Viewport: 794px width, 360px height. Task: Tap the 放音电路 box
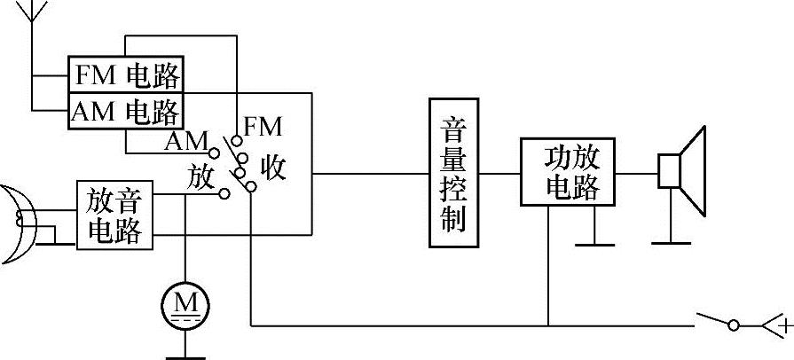[x=114, y=215]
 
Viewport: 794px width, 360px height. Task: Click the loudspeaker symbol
[x=682, y=171]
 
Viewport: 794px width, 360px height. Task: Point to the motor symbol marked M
[x=185, y=306]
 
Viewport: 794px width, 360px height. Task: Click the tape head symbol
[x=20, y=223]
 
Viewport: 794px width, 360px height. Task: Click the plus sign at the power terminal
[x=784, y=327]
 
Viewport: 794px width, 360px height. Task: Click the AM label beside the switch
[x=185, y=142]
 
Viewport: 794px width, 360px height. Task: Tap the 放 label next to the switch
[x=201, y=176]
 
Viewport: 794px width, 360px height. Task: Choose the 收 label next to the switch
[x=273, y=168]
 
